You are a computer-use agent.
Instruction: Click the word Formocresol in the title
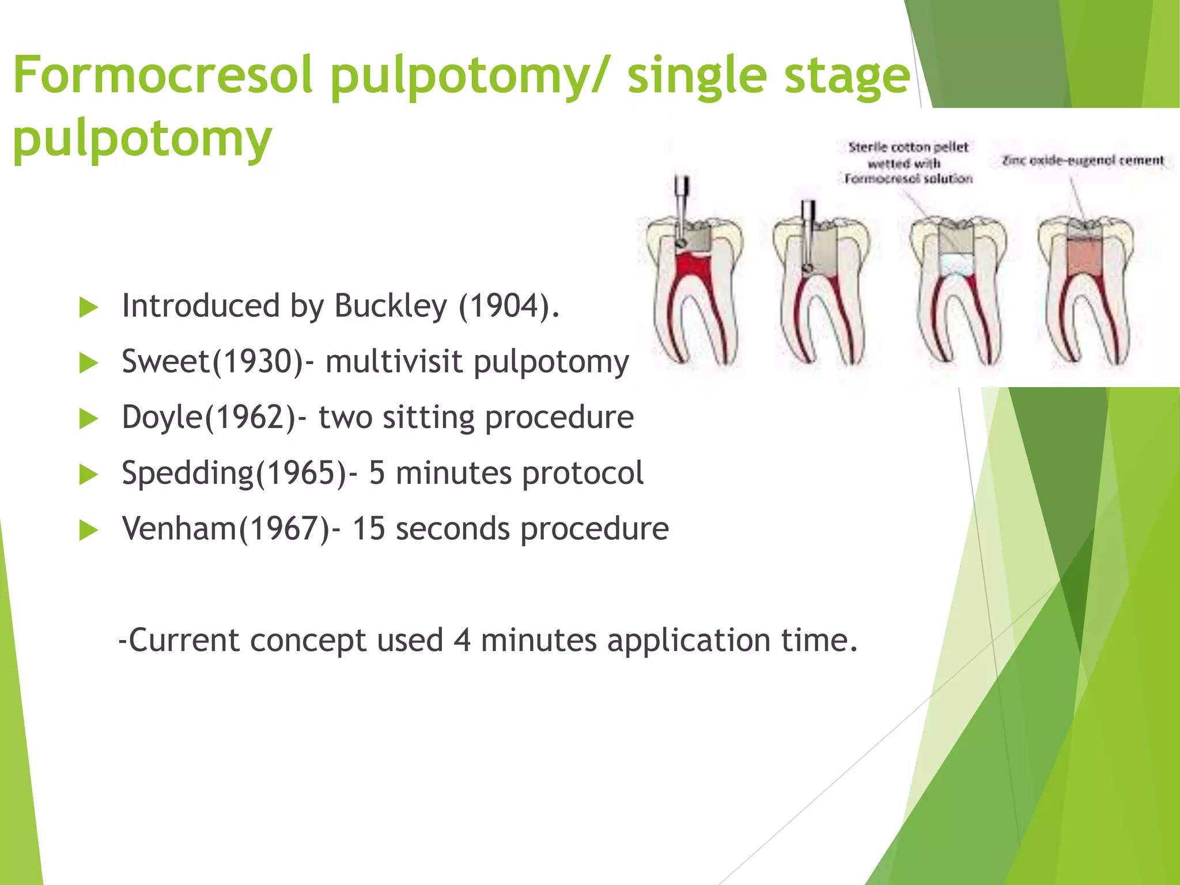point(162,75)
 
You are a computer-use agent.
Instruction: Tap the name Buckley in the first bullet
point(391,305)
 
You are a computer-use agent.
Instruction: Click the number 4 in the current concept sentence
point(462,640)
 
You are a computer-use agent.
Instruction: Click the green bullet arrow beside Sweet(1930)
point(88,363)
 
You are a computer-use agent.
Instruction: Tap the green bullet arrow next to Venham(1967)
point(88,530)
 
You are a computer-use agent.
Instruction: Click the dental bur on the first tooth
point(682,207)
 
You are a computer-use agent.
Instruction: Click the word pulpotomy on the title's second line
point(142,138)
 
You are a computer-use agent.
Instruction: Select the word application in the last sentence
point(689,640)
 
